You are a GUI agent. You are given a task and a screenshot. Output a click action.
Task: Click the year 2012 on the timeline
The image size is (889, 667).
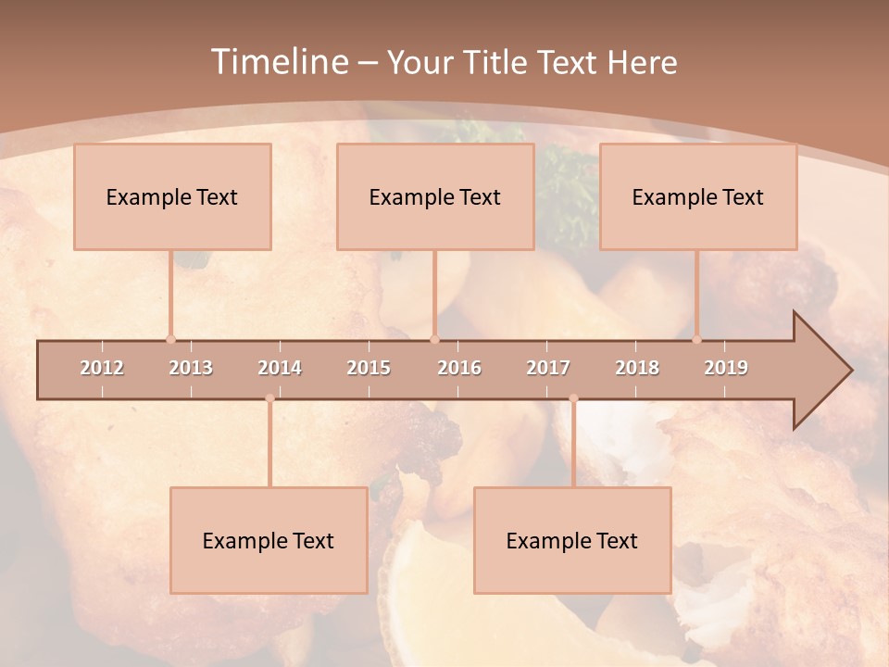[x=102, y=368]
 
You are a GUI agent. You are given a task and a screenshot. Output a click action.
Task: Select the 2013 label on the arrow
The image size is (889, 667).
[x=191, y=368]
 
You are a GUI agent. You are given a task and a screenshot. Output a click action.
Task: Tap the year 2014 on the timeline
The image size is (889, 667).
[x=280, y=368]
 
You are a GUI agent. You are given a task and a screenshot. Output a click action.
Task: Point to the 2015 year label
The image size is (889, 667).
[x=369, y=368]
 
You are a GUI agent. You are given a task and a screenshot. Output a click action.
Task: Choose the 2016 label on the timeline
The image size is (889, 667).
[x=459, y=368]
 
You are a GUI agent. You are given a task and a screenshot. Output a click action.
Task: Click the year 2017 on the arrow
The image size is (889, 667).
[x=548, y=368]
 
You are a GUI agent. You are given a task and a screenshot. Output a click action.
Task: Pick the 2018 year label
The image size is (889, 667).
[x=637, y=368]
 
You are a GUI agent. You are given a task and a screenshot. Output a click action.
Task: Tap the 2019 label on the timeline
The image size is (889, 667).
[x=726, y=368]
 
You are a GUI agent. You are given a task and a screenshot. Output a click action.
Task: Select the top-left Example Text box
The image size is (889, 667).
[x=172, y=196]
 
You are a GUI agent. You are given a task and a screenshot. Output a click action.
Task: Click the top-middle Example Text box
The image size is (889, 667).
[x=435, y=196]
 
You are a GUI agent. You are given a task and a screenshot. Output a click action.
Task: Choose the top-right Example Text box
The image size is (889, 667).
[x=698, y=196]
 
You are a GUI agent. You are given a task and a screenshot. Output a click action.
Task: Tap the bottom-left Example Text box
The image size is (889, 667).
[x=269, y=540]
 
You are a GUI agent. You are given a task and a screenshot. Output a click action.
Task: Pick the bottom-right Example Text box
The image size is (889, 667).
[x=572, y=540]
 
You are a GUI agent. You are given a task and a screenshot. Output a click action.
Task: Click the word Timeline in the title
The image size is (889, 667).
[x=278, y=62]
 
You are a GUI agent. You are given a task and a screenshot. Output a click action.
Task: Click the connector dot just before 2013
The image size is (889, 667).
[x=170, y=339]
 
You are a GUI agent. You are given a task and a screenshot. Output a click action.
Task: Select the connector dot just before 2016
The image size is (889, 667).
[x=434, y=339]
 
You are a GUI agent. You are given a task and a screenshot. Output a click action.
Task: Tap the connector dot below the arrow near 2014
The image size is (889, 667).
[x=269, y=398]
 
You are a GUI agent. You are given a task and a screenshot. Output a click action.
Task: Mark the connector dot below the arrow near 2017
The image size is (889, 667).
[x=573, y=398]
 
